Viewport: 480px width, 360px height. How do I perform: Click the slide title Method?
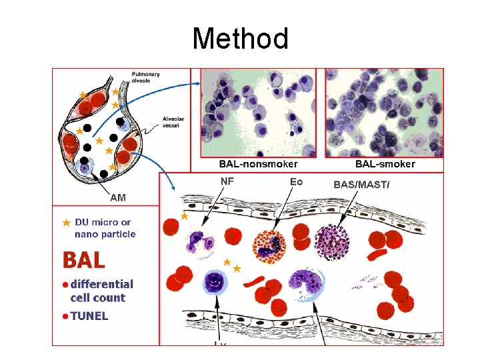[x=240, y=39]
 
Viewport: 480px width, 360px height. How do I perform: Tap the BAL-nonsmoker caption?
[x=259, y=164]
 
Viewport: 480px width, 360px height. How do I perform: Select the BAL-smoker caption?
[x=385, y=164]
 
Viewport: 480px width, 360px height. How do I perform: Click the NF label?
[x=227, y=181]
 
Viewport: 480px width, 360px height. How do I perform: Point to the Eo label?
[x=297, y=181]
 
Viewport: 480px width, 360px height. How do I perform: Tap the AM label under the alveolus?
[x=117, y=197]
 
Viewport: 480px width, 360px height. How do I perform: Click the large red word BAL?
[x=84, y=259]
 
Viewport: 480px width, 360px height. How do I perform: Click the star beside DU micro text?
[x=66, y=223]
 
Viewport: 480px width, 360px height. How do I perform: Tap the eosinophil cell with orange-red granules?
[x=269, y=247]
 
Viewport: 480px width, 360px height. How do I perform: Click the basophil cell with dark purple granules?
[x=331, y=241]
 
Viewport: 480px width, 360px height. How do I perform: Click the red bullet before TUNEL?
[x=65, y=316]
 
